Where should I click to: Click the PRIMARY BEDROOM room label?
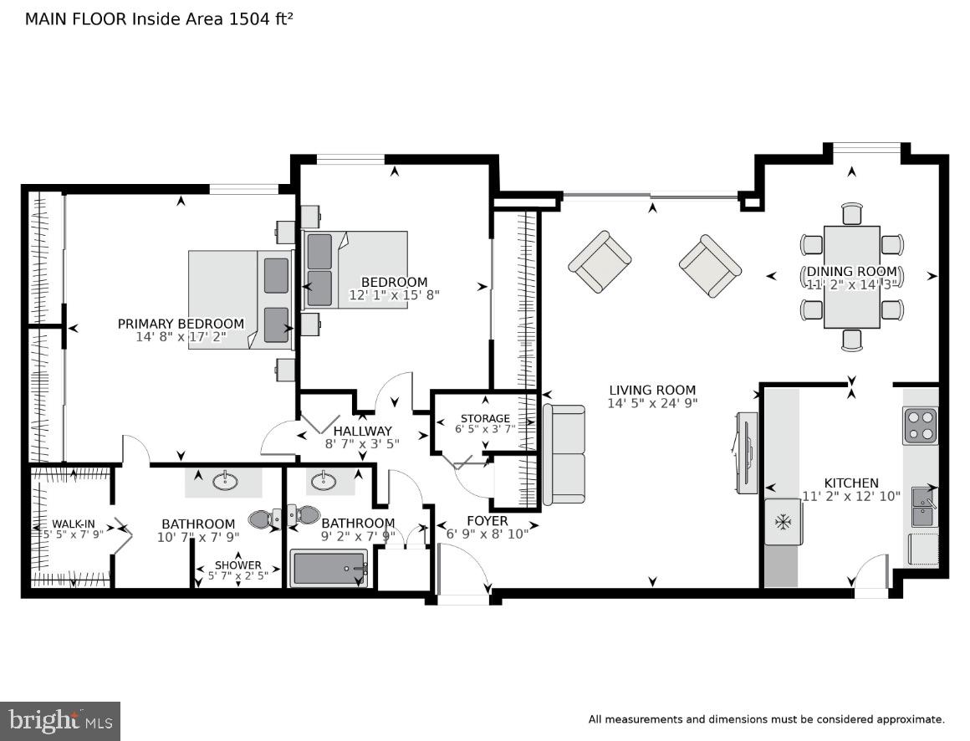pyautogui.click(x=181, y=324)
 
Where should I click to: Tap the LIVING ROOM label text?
pyautogui.click(x=652, y=390)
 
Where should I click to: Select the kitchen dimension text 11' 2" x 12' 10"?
pyautogui.click(x=851, y=496)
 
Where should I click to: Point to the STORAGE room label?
pyautogui.click(x=485, y=418)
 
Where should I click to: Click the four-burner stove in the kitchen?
pyautogui.click(x=920, y=426)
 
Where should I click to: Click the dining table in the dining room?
pyautogui.click(x=851, y=277)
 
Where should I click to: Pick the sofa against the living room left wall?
pyautogui.click(x=564, y=455)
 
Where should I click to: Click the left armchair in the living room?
pyautogui.click(x=600, y=262)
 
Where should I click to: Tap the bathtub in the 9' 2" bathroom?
pyautogui.click(x=329, y=569)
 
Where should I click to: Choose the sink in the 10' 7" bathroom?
pyautogui.click(x=223, y=481)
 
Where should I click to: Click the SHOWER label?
pyautogui.click(x=238, y=565)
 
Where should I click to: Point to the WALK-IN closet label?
pyautogui.click(x=74, y=524)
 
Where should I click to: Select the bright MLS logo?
pyautogui.click(x=59, y=720)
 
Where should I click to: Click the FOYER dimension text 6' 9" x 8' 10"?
pyautogui.click(x=487, y=534)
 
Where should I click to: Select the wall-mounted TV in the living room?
pyautogui.click(x=746, y=452)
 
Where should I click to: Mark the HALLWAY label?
pyautogui.click(x=362, y=432)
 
